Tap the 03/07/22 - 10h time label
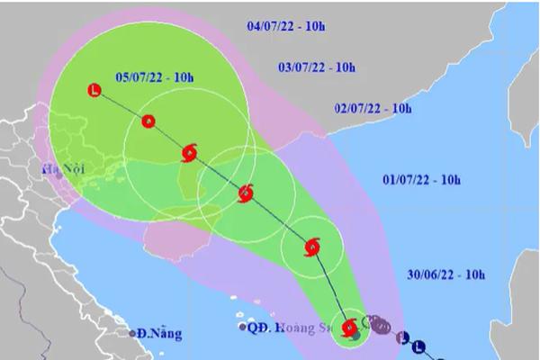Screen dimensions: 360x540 317,67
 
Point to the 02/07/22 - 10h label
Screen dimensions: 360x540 372,109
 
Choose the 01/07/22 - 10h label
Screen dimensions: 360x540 421,180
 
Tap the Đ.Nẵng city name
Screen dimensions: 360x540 157,334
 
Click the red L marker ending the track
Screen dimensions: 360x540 95,88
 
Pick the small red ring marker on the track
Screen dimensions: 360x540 148,121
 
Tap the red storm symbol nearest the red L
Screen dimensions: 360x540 189,152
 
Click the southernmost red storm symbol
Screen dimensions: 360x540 349,327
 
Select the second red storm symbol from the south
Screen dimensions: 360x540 311,247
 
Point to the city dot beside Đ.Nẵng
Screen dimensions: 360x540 129,333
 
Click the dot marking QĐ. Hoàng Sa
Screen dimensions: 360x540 243,327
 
